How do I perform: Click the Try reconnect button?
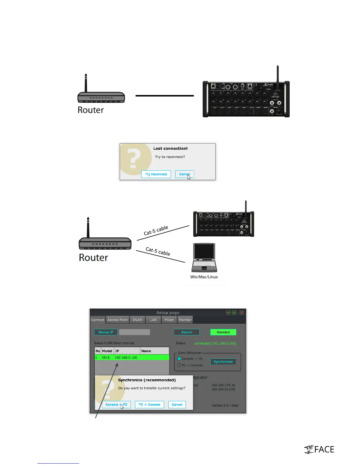pyautogui.click(x=156, y=174)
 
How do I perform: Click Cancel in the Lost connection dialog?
pyautogui.click(x=184, y=174)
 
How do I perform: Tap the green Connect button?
pyautogui.click(x=223, y=332)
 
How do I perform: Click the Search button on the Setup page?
pyautogui.click(x=186, y=332)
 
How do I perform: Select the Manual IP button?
pyautogui.click(x=106, y=332)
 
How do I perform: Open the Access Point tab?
pyautogui.click(x=118, y=320)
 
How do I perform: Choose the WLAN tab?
pyautogui.click(x=137, y=320)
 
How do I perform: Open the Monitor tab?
pyautogui.click(x=185, y=320)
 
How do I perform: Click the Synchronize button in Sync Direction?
pyautogui.click(x=223, y=362)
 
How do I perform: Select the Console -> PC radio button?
pyautogui.click(x=179, y=359)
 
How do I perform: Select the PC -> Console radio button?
pyautogui.click(x=179, y=365)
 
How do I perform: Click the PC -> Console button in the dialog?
pyautogui.click(x=149, y=405)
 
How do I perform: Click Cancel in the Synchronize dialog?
pyautogui.click(x=177, y=405)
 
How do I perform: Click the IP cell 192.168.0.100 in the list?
pyautogui.click(x=126, y=357)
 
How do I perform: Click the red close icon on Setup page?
pyautogui.click(x=241, y=312)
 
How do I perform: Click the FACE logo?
pyautogui.click(x=319, y=449)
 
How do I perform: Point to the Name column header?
pyautogui.click(x=146, y=351)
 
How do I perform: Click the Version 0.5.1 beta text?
pyautogui.click(x=225, y=405)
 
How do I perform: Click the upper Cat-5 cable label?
pyautogui.click(x=156, y=230)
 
